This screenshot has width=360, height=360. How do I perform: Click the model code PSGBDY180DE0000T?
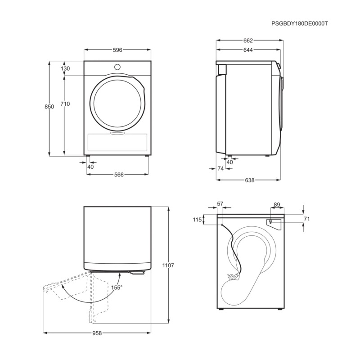point(300,23)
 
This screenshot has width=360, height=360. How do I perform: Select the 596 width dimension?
point(117,50)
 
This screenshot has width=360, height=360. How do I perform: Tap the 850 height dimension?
point(49,107)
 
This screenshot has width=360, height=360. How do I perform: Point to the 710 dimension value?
point(65,104)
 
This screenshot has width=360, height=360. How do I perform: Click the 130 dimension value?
point(65,69)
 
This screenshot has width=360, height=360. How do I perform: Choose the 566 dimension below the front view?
point(118,174)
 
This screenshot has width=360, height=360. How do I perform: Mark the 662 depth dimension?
point(248,40)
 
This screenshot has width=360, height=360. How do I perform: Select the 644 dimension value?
point(248,50)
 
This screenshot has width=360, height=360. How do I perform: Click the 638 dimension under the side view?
point(249,180)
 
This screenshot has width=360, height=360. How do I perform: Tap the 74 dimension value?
point(220,168)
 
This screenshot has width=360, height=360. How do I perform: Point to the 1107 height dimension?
point(168,265)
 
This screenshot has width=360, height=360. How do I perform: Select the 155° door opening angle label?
point(117,287)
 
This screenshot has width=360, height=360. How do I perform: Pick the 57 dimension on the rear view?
point(220,204)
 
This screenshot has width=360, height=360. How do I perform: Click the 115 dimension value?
point(196,220)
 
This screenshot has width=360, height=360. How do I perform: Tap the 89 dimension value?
point(277,205)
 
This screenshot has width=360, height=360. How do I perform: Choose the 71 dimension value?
point(307,219)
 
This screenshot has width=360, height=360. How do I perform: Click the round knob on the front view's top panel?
point(117,67)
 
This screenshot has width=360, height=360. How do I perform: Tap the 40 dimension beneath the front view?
point(90,166)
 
